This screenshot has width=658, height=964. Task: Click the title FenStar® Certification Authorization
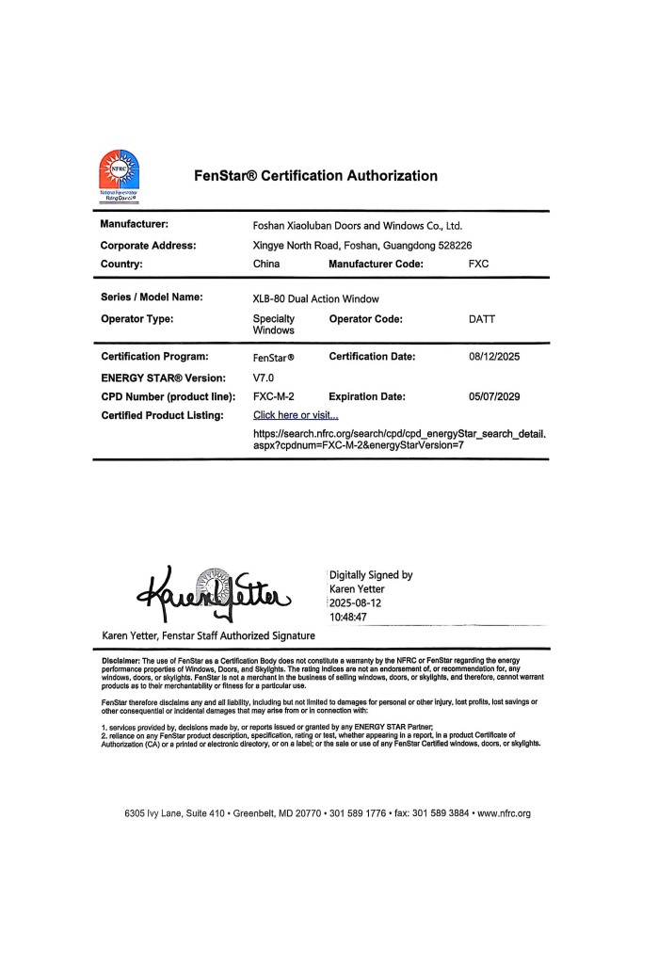315,176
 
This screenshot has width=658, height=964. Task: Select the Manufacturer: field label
135,225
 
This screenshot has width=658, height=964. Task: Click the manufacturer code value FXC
479,265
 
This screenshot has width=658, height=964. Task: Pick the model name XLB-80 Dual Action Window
316,298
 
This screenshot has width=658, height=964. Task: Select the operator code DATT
482,319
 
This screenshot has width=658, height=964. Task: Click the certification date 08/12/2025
494,357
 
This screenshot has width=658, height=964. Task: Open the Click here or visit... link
296,415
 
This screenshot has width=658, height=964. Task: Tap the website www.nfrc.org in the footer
506,813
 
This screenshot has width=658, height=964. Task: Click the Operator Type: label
136,319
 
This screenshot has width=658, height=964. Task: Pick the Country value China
266,265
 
